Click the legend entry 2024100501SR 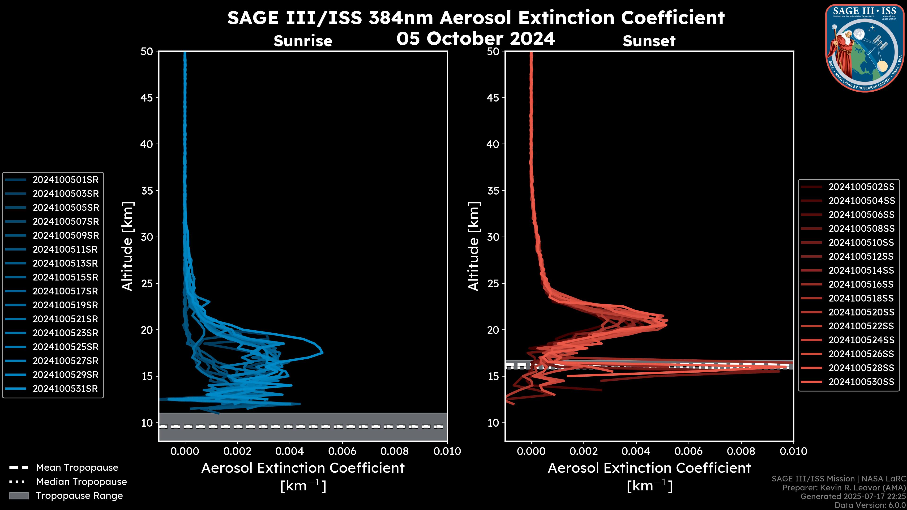(x=65, y=180)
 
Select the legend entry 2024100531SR (x=65, y=389)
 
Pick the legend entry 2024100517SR (x=65, y=291)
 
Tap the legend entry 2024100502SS (x=861, y=187)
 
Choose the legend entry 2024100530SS (x=861, y=382)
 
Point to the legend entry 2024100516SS (x=861, y=284)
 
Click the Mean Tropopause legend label (x=77, y=468)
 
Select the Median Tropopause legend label (x=81, y=482)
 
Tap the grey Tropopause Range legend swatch (x=19, y=496)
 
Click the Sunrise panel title (x=303, y=41)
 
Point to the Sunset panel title (x=649, y=41)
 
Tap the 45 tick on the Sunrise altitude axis (x=147, y=98)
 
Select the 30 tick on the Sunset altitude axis (x=493, y=237)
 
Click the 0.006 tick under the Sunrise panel (x=342, y=451)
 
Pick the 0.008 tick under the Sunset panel (x=741, y=451)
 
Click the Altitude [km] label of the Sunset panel (x=474, y=246)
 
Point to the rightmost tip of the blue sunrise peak (x=322, y=352)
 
